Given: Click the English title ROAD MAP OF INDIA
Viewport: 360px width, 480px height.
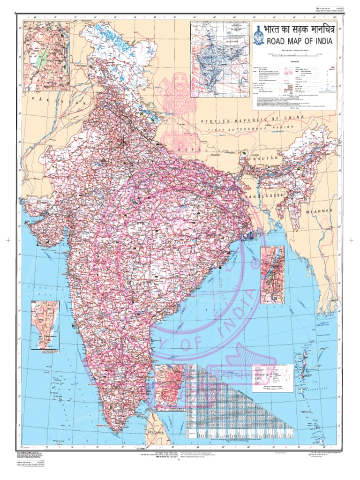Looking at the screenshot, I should [x=300, y=41].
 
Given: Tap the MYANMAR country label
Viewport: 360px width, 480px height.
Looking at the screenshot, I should [x=322, y=212].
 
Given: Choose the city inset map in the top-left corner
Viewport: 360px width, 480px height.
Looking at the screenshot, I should [x=46, y=56].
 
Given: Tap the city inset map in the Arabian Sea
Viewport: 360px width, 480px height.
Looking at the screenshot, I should [x=45, y=325].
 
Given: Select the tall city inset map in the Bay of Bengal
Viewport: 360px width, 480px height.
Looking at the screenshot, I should [x=272, y=275].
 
